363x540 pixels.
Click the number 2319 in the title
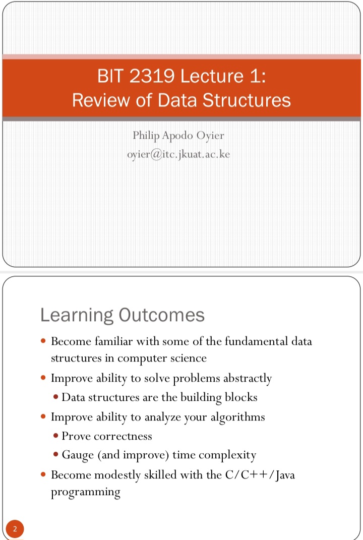[152, 76]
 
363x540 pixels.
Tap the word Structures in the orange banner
[247, 100]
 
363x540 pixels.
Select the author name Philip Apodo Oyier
[178, 136]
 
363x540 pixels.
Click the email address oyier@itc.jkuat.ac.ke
[178, 154]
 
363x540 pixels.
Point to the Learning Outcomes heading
[123, 315]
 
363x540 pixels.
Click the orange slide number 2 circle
[15, 528]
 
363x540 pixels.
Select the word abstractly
[247, 379]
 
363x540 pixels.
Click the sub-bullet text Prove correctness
[107, 436]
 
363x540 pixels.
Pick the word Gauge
[78, 455]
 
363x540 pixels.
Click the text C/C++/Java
[260, 475]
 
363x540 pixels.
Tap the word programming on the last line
[86, 493]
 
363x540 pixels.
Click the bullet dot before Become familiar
[43, 341]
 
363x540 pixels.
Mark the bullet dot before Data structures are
[56, 397]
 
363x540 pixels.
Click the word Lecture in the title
[212, 76]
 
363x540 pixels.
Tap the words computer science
[162, 358]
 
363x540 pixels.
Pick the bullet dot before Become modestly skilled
[43, 474]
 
